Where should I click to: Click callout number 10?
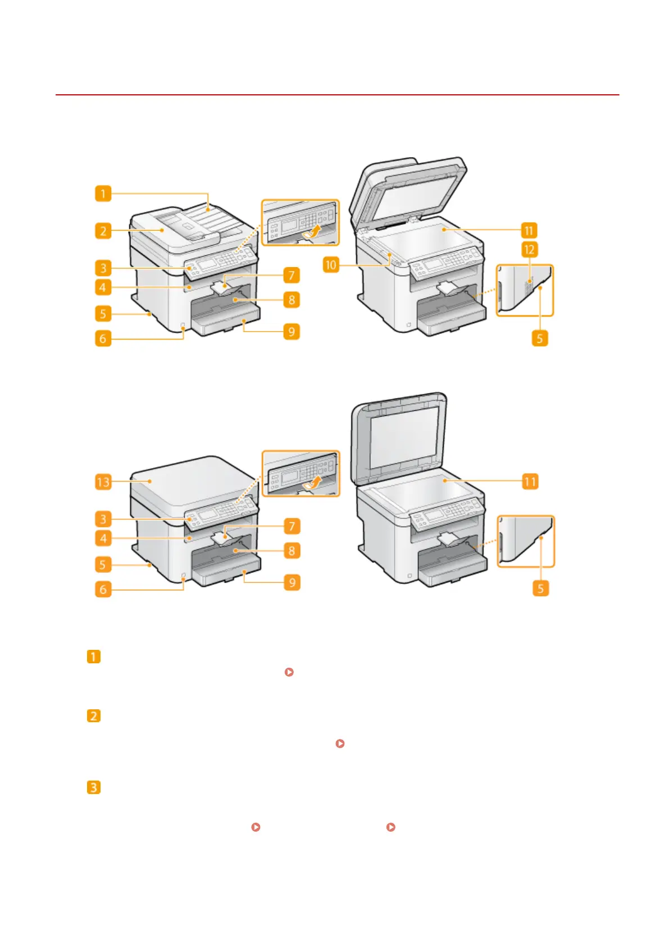(x=331, y=264)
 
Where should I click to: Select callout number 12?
(x=529, y=249)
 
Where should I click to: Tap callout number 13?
(x=103, y=481)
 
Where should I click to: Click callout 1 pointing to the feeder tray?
(x=103, y=194)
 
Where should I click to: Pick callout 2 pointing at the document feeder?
(x=103, y=231)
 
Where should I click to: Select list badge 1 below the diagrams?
(x=94, y=657)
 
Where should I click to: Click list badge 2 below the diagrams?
(x=94, y=716)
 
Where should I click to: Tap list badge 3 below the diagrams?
(x=94, y=787)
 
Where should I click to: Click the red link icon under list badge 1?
(x=289, y=672)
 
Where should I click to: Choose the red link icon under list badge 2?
(x=340, y=744)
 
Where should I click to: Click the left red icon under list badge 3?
(x=256, y=827)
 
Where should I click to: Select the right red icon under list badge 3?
(x=391, y=827)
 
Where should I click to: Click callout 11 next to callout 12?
(x=529, y=230)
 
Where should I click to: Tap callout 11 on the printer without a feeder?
(x=530, y=481)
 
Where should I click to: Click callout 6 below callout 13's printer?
(x=103, y=589)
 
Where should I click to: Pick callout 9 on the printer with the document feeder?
(x=292, y=332)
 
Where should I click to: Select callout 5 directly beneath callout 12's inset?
(x=540, y=338)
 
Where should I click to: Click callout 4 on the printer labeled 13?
(x=103, y=539)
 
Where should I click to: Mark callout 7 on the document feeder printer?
(x=292, y=275)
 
